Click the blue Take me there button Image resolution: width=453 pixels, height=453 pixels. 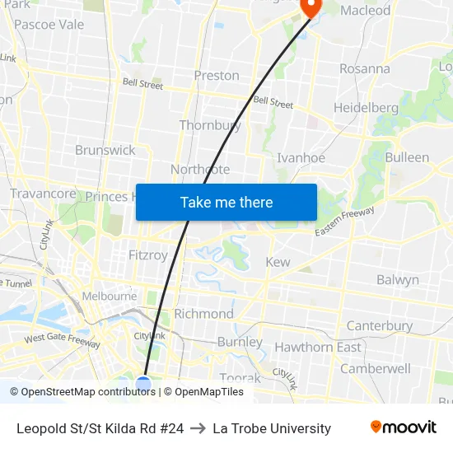tap(226, 202)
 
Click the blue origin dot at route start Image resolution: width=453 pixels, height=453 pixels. tap(143, 384)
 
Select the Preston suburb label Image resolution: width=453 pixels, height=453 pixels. tap(217, 76)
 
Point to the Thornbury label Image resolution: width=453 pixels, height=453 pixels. tap(210, 125)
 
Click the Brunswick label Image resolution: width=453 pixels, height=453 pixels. tap(105, 150)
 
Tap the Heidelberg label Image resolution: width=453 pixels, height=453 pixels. tap(366, 108)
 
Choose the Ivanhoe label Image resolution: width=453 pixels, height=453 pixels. tap(301, 158)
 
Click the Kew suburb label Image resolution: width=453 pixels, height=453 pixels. tap(278, 262)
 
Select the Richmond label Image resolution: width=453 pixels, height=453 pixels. tap(203, 314)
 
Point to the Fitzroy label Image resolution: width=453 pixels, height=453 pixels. tap(148, 255)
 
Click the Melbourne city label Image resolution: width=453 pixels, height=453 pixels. tap(109, 296)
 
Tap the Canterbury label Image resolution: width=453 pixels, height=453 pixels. tap(379, 325)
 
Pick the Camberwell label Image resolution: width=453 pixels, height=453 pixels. tap(375, 368)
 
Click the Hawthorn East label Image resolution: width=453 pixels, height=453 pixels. tap(317, 347)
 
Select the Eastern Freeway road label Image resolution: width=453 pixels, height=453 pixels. tap(345, 223)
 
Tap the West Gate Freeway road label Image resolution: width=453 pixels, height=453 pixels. tap(62, 338)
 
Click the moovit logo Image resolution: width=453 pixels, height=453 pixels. tap(403, 427)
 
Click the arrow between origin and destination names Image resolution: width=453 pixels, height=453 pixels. tap(198, 428)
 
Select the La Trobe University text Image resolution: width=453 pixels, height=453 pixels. tap(272, 428)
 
